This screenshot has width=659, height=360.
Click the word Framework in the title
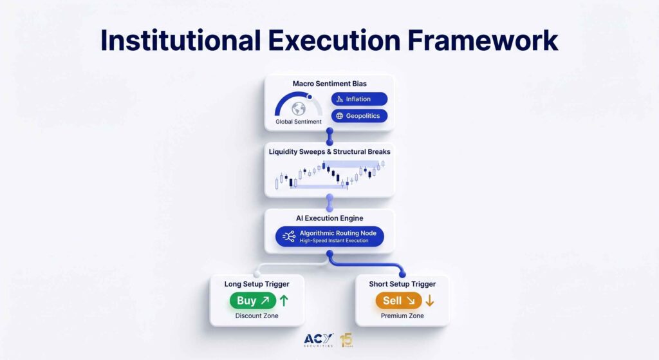click(x=483, y=41)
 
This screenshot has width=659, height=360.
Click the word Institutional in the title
click(x=181, y=41)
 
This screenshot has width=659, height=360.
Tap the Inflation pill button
click(x=359, y=99)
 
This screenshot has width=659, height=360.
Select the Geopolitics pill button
click(x=359, y=116)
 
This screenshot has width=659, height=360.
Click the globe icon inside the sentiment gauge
click(x=299, y=108)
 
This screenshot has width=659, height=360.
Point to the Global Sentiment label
click(x=299, y=122)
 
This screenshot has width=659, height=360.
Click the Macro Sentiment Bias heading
click(x=329, y=84)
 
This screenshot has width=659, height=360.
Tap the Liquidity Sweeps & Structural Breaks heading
click(x=329, y=151)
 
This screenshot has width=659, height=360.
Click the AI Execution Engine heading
click(x=329, y=218)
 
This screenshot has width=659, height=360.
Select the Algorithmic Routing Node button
click(x=329, y=236)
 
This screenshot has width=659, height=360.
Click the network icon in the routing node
click(x=289, y=236)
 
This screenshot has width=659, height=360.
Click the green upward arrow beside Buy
click(x=284, y=300)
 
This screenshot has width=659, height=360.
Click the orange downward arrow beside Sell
click(x=429, y=300)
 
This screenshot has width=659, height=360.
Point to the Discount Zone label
click(x=257, y=316)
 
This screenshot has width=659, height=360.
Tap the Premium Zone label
click(x=402, y=316)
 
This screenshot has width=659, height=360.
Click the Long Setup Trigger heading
click(x=257, y=284)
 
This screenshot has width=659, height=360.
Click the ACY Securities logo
click(x=319, y=340)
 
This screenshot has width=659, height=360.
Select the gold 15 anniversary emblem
click(x=346, y=340)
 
